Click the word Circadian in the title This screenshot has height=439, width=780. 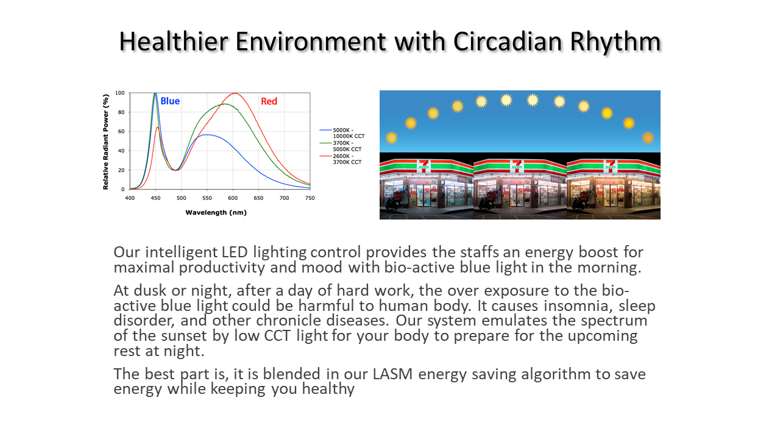[508, 41]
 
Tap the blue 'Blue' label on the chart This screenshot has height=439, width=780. [170, 101]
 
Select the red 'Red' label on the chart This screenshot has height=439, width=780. [269, 101]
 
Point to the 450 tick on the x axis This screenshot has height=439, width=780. [155, 198]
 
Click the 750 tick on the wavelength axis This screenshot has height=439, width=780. [310, 198]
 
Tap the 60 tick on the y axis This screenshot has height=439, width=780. [121, 132]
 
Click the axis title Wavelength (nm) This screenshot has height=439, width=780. [216, 213]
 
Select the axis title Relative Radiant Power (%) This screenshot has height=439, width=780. [106, 142]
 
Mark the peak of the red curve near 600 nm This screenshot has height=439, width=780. [235, 93]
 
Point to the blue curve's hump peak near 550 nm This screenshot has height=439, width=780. [207, 135]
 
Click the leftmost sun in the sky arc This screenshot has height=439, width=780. [392, 138]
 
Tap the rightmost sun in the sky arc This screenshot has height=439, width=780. [648, 138]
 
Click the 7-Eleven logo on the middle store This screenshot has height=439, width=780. [517, 165]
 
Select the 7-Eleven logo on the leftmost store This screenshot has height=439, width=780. [424, 165]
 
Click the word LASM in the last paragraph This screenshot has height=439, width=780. [392, 374]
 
